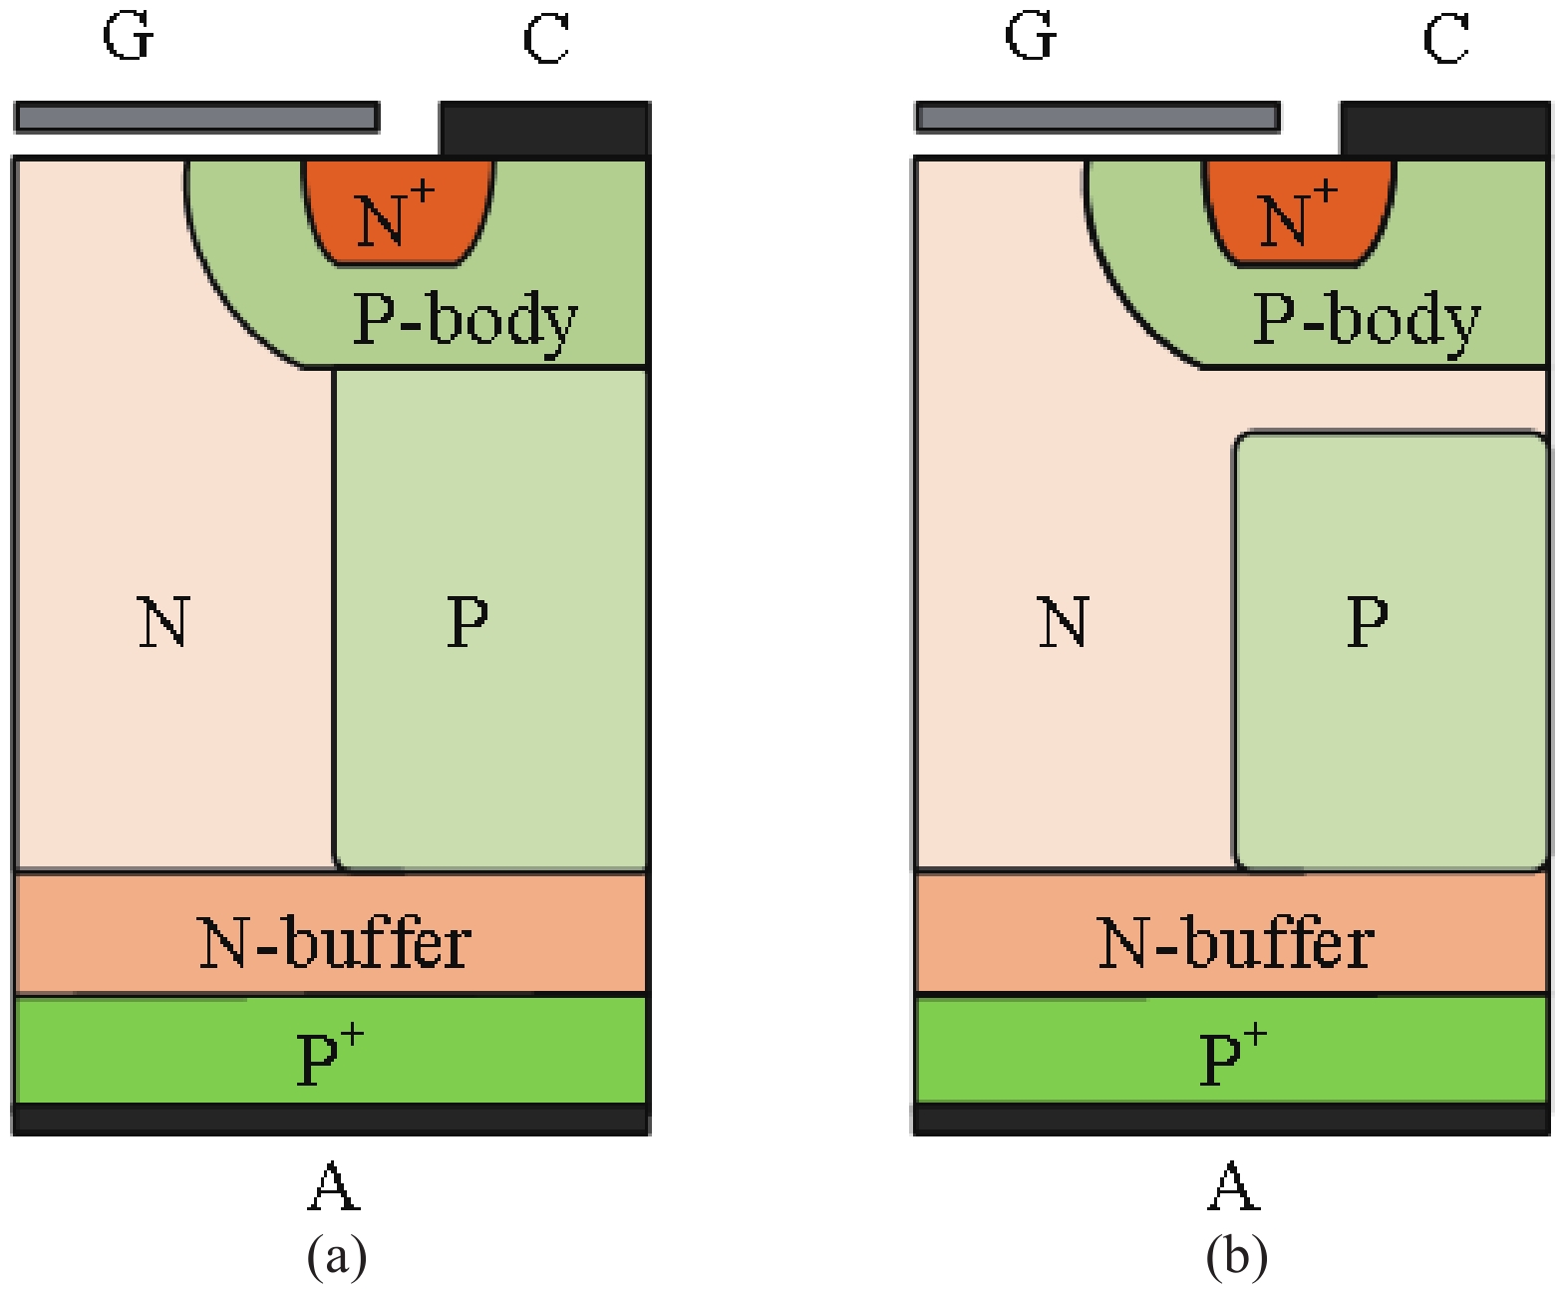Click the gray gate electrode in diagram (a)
pyautogui.click(x=196, y=118)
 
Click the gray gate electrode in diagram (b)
pyautogui.click(x=1097, y=118)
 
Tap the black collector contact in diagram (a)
pyautogui.click(x=544, y=129)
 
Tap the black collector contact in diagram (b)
pyautogui.click(x=1444, y=129)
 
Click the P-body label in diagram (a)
pyautogui.click(x=466, y=321)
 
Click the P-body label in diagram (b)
pyautogui.click(x=1367, y=321)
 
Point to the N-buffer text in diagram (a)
pyautogui.click(x=334, y=943)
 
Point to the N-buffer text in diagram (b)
pyautogui.click(x=1235, y=943)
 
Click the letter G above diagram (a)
pyautogui.click(x=129, y=38)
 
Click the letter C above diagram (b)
pyautogui.click(x=1445, y=40)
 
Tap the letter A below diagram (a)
pyautogui.click(x=333, y=1186)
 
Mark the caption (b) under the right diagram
pyautogui.click(x=1236, y=1255)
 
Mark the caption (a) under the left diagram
pyautogui.click(x=337, y=1255)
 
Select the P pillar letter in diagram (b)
pyautogui.click(x=1367, y=622)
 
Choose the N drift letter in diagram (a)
pyautogui.click(x=163, y=622)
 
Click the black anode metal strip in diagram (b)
pyautogui.click(x=1231, y=1120)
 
